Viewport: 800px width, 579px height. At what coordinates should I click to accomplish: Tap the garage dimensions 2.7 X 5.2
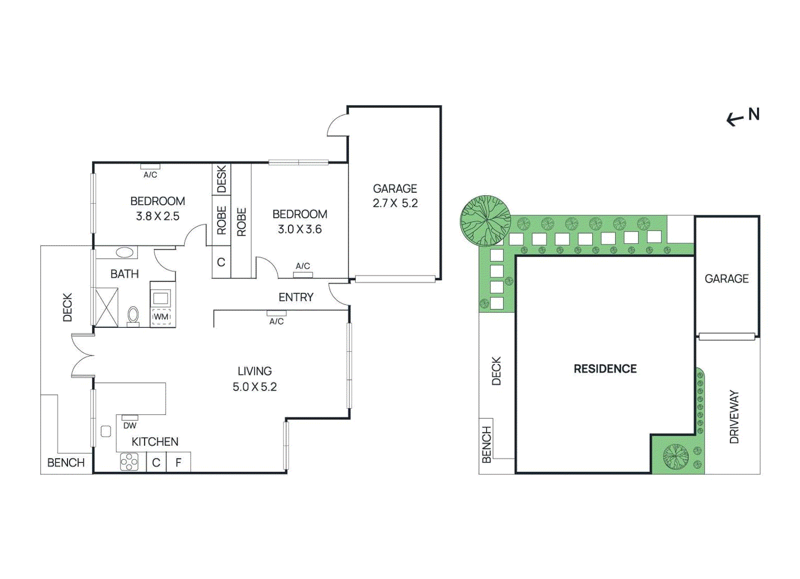394,203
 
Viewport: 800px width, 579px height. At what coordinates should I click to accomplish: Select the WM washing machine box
161,317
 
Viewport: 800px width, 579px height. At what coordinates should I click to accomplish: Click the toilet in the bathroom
133,316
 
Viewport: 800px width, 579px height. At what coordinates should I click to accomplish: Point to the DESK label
221,180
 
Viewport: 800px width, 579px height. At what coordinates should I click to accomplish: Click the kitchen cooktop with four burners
129,462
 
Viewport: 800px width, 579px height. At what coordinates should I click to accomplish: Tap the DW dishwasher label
129,425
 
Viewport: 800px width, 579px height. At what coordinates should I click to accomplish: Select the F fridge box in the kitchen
178,462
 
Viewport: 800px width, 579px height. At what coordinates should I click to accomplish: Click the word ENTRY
295,297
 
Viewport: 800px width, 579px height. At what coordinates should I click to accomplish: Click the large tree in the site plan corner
485,221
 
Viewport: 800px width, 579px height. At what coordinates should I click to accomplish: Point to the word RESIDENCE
605,369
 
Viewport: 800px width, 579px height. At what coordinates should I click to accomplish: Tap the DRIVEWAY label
733,416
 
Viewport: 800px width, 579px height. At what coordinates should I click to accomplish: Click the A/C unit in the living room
276,313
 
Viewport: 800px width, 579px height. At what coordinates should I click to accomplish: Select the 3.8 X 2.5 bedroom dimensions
157,216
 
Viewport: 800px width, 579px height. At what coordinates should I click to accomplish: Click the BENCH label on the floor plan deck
65,462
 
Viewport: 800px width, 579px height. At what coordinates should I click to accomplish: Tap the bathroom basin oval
125,252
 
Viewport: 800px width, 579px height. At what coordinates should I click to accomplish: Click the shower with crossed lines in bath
106,307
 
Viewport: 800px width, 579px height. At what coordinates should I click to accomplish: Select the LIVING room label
254,371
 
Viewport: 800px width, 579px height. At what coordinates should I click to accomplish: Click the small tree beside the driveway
675,456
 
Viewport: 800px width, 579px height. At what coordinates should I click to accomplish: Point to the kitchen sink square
105,431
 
